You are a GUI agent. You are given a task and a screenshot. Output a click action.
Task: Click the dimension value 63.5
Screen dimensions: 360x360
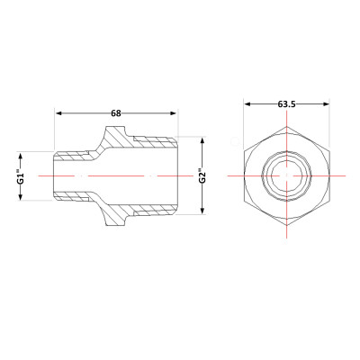[288, 105]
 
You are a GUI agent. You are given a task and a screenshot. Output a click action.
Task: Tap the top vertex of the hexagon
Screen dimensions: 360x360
[288, 127]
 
